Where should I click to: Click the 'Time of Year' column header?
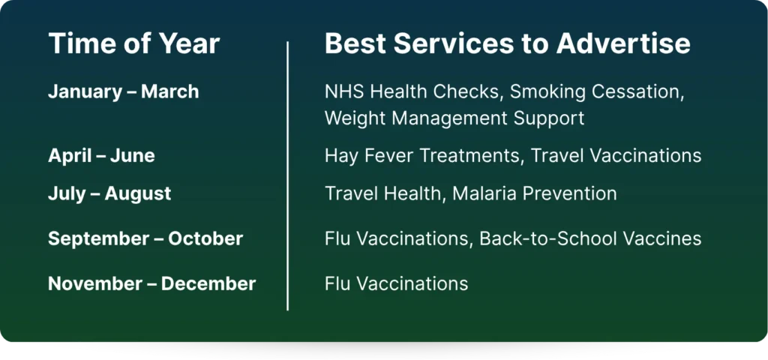click(134, 43)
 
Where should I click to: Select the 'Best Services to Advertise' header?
click(508, 43)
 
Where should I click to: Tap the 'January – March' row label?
click(124, 91)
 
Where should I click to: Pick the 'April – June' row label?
click(101, 156)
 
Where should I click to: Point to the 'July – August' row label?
click(109, 193)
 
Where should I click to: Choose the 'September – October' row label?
click(145, 238)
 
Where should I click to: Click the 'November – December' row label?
click(151, 283)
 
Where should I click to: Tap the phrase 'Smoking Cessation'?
click(597, 92)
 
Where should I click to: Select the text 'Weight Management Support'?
click(454, 118)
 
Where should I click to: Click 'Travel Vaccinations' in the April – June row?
click(616, 156)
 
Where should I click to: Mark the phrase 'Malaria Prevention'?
click(534, 193)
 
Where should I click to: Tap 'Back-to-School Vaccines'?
click(590, 238)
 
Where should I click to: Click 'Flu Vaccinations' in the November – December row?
click(396, 283)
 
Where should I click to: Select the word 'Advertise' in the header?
click(623, 43)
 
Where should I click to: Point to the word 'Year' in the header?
click(188, 43)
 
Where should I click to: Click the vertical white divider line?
click(287, 175)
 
